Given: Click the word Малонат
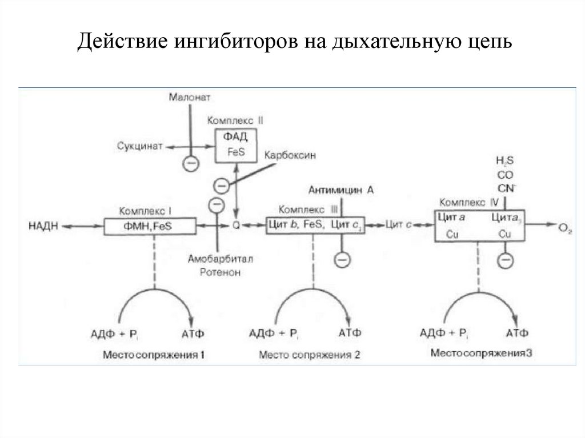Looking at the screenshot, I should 189,98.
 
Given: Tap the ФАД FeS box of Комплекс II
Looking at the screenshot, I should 235,146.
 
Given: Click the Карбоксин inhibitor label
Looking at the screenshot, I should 290,155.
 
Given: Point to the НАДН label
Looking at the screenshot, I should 43,226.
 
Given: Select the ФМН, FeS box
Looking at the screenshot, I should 150,226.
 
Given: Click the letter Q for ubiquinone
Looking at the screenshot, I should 235,226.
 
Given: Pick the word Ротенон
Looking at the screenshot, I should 220,272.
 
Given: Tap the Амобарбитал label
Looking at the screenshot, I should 220,259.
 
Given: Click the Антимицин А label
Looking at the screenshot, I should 341,190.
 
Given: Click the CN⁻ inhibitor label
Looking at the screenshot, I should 506,187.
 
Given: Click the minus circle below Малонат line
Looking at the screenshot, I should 190,164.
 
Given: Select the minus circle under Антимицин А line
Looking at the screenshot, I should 342,260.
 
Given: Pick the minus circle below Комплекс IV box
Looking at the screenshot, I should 505,261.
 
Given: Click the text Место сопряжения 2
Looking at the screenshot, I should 309,355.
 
